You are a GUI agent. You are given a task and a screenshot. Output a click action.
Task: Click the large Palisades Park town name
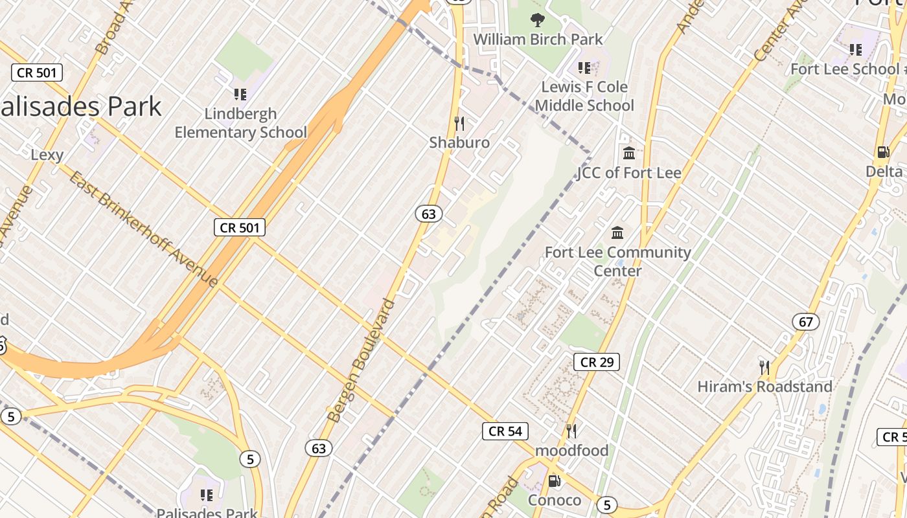coord(81,107)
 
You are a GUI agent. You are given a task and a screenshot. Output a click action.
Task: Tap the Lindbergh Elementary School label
coord(240,123)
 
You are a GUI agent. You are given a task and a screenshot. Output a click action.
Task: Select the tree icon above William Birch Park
coord(537,20)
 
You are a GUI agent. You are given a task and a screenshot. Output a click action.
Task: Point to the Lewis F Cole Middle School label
coord(584,96)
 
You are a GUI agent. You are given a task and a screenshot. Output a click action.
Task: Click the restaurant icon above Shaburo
coord(459,123)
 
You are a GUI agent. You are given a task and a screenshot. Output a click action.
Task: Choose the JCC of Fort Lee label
coord(629,173)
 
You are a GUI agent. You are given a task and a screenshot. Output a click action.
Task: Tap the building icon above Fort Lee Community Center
coord(617,232)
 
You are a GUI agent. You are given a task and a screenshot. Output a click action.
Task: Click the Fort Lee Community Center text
coord(617,261)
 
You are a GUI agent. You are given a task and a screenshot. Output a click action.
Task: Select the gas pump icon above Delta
coord(882,152)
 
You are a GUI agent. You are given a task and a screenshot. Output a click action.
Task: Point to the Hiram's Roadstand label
coord(764,387)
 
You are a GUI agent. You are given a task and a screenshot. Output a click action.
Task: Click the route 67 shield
coord(805,321)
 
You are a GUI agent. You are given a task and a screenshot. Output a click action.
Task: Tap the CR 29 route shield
coord(596,362)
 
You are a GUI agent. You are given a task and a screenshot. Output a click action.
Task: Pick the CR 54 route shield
coord(505,431)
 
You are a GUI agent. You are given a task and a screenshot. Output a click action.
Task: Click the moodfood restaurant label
coord(571,450)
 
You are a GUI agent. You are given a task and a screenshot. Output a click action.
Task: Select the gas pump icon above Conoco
coord(554,481)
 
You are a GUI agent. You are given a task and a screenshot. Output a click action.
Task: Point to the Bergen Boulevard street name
coord(360,361)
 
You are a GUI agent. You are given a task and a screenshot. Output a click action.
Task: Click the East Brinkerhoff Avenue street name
coord(143,229)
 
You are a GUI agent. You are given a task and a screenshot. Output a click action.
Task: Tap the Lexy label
coord(47,155)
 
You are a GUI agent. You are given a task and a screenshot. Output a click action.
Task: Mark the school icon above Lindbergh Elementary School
coord(240,95)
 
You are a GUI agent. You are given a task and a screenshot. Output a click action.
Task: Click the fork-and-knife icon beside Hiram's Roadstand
coord(764,368)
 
